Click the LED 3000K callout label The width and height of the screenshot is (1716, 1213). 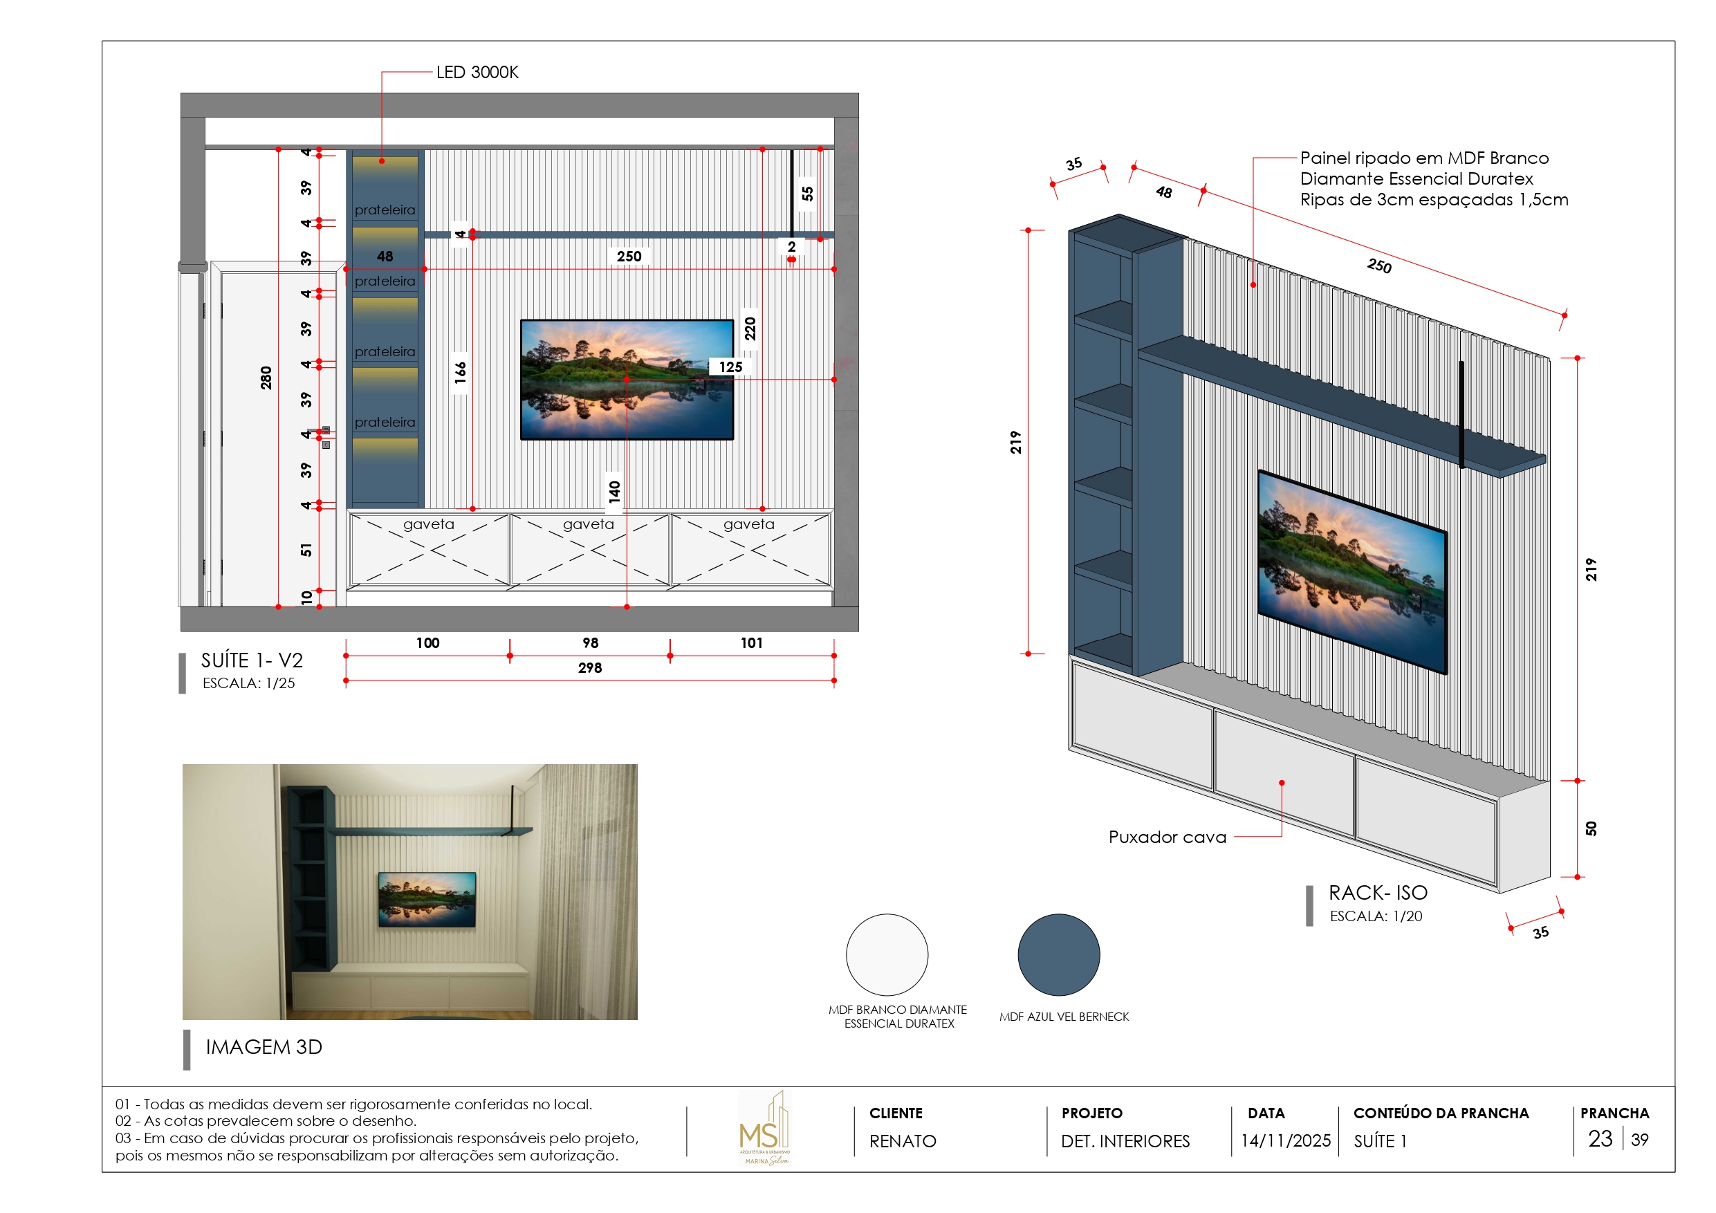pos(477,73)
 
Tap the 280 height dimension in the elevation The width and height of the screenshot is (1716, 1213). pos(266,378)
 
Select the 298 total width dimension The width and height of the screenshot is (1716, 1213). pos(590,668)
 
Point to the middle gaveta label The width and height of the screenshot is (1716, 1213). pos(588,524)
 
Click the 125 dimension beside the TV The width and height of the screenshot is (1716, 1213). pos(730,367)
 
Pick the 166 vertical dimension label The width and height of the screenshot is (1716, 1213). pos(461,372)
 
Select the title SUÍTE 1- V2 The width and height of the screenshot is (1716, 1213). pos(252,660)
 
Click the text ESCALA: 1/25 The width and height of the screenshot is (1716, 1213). pos(249,683)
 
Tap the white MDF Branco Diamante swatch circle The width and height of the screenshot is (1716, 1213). pos(887,954)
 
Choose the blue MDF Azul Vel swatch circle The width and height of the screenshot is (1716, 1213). pos(1058,954)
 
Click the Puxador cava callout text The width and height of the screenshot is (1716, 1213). pos(1168,837)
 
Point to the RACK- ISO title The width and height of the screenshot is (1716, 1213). pos(1377,893)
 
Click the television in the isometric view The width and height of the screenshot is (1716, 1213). pos(1353,572)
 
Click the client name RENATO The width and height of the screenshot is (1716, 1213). pos(903,1141)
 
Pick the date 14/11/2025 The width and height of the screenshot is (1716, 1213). pos(1286,1141)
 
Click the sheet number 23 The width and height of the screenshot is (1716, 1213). pos(1600,1139)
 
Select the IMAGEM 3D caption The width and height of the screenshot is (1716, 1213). pos(264,1047)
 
